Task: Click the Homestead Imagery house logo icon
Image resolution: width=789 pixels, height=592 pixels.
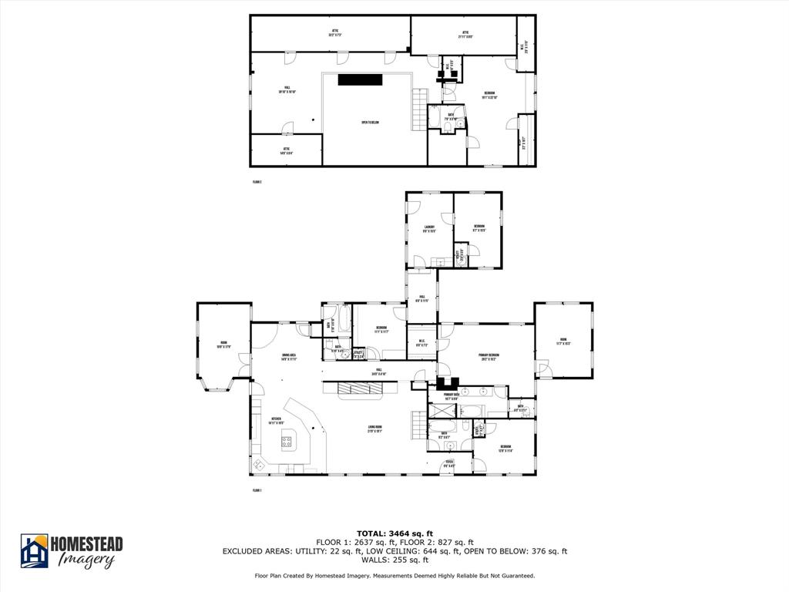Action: point(34,550)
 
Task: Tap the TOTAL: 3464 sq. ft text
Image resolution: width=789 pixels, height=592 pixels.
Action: point(394,533)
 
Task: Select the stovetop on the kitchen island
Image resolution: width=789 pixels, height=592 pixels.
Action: point(288,442)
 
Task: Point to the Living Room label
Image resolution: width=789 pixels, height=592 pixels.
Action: point(374,430)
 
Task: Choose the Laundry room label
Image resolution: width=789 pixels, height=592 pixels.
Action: point(429,228)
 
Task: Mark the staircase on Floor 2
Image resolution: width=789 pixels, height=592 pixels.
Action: point(418,108)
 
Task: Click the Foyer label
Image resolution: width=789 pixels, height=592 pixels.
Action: point(449,465)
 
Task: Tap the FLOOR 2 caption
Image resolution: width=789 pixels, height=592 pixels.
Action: point(257,182)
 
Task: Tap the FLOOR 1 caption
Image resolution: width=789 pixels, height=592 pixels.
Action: point(257,490)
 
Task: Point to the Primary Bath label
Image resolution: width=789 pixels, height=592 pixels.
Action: point(452,397)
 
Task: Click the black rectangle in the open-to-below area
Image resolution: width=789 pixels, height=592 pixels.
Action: point(361,79)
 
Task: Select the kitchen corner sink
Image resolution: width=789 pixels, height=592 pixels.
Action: point(260,464)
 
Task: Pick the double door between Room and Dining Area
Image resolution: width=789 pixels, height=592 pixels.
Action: point(243,365)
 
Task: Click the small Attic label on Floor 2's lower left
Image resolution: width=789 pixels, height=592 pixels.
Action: point(286,150)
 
